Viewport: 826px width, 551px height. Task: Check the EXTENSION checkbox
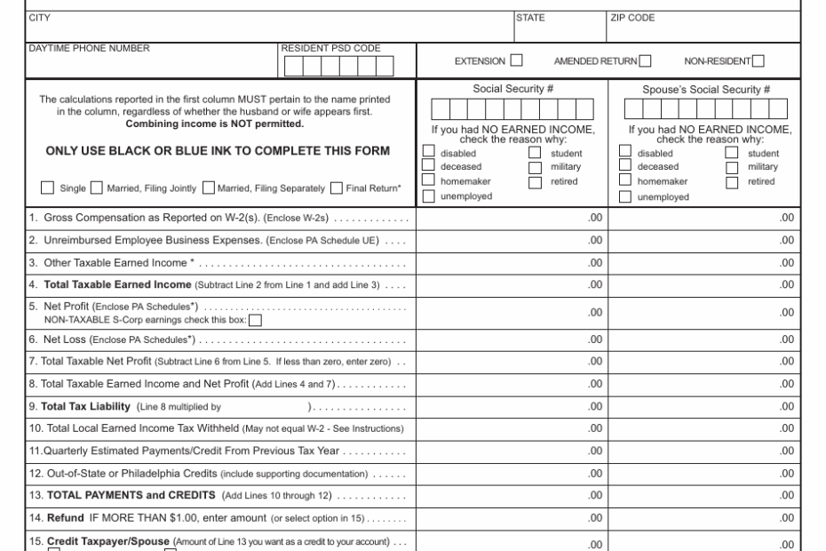tap(516, 60)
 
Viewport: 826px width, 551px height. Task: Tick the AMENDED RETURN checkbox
tap(645, 60)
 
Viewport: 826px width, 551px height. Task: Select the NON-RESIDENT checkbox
tap(758, 60)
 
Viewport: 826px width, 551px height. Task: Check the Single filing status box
tap(48, 188)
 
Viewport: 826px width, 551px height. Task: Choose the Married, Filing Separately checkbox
tap(209, 188)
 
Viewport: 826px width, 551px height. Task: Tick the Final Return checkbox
tap(337, 188)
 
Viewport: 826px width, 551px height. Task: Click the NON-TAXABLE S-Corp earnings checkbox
tap(255, 321)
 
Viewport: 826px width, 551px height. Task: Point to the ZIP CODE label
tap(632, 16)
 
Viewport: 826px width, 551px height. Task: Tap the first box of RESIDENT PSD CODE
tap(292, 67)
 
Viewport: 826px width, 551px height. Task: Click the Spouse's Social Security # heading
tap(705, 89)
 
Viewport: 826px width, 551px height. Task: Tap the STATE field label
tap(531, 16)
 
